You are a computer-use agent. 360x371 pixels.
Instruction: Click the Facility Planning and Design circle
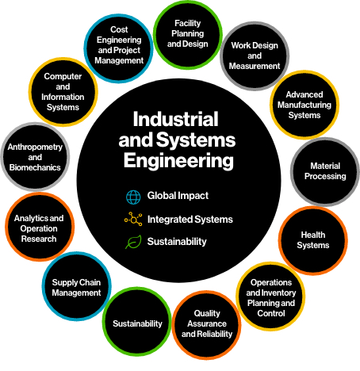[188, 35]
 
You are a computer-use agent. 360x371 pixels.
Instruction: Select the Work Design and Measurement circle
[255, 55]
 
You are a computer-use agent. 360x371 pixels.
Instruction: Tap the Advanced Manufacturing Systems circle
[304, 105]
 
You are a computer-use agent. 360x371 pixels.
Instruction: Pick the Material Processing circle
[325, 171]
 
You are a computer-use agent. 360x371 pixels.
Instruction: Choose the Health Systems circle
[313, 240]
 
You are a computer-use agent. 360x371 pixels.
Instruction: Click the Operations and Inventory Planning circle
[270, 296]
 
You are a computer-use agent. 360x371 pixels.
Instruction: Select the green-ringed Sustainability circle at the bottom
[137, 321]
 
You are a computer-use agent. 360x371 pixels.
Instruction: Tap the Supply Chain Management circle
[76, 286]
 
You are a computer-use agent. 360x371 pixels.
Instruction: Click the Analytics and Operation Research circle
[40, 227]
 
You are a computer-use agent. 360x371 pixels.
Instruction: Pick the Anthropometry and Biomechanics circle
[35, 157]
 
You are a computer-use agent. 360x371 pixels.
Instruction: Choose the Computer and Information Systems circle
[63, 92]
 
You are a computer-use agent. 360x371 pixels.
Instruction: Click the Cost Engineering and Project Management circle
[119, 48]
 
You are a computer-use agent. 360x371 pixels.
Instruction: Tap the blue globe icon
[133, 197]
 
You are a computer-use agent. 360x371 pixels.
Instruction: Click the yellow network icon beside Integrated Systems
[133, 219]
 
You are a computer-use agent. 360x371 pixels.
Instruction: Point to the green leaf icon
[133, 242]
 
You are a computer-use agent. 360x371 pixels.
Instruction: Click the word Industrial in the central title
[175, 119]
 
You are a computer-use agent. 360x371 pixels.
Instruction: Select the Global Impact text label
[178, 196]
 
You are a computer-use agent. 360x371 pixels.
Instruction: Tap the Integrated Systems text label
[190, 220]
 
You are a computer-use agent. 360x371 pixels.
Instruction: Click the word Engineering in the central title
[178, 161]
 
